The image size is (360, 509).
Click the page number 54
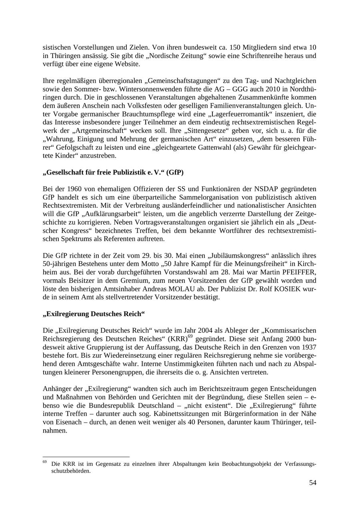[312, 483]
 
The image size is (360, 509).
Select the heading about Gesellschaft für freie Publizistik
[113, 173]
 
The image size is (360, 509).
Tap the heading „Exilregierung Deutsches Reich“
[94, 314]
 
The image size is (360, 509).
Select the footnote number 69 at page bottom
[45, 463]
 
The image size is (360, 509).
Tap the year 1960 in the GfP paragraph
[74, 189]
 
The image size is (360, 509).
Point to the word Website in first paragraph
[127, 64]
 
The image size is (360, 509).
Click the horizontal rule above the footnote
[86, 457]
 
